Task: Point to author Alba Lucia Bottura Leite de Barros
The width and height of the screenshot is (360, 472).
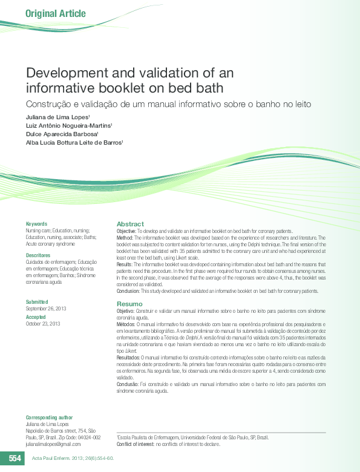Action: click(x=74, y=143)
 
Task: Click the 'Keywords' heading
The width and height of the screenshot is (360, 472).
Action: click(x=36, y=224)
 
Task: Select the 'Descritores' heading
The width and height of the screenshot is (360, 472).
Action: click(x=38, y=256)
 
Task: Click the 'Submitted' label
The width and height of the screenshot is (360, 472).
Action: click(x=37, y=301)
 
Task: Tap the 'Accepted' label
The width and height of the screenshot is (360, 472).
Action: click(x=36, y=317)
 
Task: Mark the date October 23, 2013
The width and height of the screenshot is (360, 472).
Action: click(x=42, y=323)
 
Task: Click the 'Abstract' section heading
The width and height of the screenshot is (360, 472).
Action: click(x=130, y=224)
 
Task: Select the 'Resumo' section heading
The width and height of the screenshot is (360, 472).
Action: click(x=129, y=303)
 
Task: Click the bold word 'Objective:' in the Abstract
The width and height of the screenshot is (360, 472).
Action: click(x=126, y=232)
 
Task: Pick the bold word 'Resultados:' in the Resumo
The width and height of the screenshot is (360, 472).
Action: click(x=129, y=358)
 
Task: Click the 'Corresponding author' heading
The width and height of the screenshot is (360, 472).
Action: click(x=49, y=418)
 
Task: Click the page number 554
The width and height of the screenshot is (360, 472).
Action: click(x=15, y=459)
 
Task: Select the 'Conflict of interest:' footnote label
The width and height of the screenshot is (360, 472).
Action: click(x=136, y=444)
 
